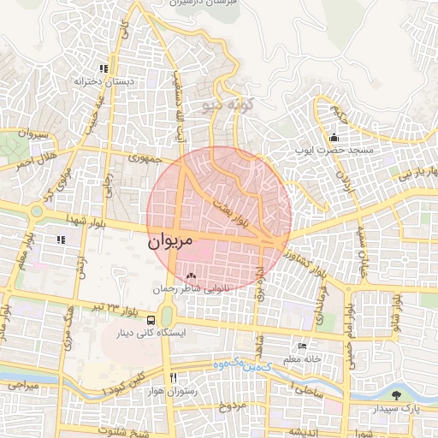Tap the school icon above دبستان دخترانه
[104, 68]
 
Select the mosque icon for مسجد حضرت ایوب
[333, 137]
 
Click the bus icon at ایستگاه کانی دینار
[151, 321]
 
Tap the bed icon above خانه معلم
[302, 346]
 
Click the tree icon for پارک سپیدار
[395, 394]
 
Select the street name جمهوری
[145, 159]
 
